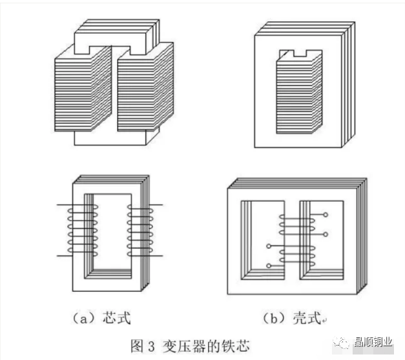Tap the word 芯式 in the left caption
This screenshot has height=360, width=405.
[116, 318]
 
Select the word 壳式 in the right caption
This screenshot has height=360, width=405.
[307, 318]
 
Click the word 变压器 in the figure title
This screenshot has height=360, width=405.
[183, 346]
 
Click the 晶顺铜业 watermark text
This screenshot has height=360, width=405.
[373, 343]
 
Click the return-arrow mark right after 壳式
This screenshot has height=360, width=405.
[324, 321]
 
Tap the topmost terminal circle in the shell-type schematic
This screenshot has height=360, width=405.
[325, 215]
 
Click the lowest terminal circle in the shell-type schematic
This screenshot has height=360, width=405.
[269, 266]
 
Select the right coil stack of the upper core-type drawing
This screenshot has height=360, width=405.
[145, 87]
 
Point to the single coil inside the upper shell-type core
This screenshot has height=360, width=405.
[299, 94]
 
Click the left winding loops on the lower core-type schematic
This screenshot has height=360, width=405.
[83, 230]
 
